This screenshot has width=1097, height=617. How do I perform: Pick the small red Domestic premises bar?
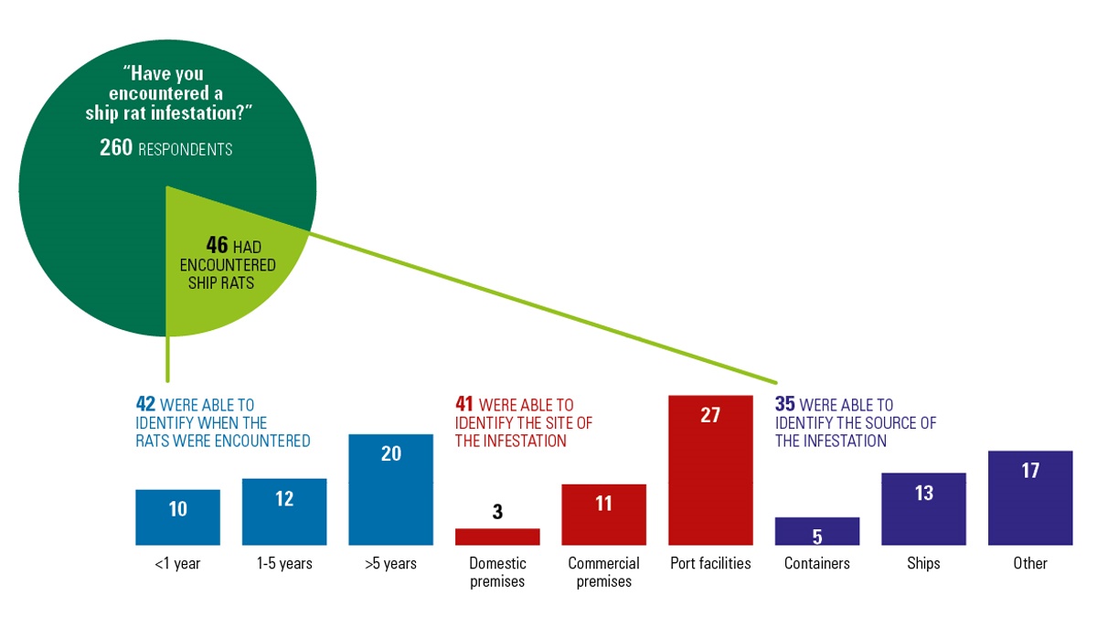click(x=497, y=537)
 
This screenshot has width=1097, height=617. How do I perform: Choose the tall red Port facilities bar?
click(x=710, y=470)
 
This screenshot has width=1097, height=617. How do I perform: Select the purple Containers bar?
click(x=817, y=531)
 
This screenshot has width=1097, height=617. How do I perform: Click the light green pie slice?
click(x=219, y=274)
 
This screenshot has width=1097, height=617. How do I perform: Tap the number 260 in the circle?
click(x=116, y=147)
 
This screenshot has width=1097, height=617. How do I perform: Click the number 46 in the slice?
click(x=217, y=246)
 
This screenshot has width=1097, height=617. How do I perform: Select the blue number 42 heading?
click(x=145, y=405)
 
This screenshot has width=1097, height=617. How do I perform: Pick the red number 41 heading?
click(x=464, y=405)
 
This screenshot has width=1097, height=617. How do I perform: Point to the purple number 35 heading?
click(x=784, y=405)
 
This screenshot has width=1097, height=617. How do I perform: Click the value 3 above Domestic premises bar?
click(x=497, y=512)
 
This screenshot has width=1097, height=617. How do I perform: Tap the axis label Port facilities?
click(x=710, y=563)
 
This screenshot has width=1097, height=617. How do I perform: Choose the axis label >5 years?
click(x=390, y=563)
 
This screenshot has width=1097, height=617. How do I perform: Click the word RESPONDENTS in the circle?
click(x=186, y=149)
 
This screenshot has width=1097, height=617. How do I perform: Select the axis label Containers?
click(x=817, y=563)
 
